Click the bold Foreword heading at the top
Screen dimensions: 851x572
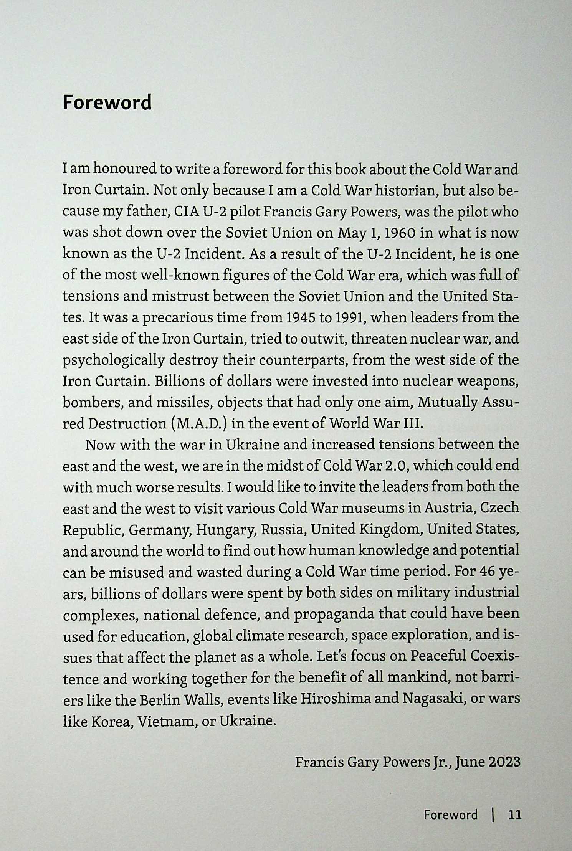(107, 103)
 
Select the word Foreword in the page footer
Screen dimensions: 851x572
(451, 814)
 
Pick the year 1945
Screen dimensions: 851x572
(305, 318)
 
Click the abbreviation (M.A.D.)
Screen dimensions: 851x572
(199, 424)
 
